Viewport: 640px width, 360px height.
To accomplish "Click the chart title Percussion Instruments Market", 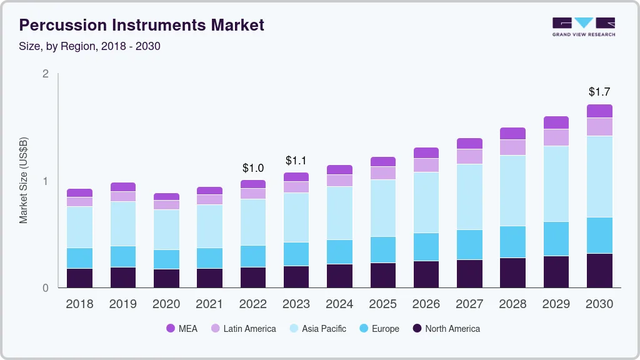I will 142,25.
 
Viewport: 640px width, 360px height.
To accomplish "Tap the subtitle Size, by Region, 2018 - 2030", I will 90,46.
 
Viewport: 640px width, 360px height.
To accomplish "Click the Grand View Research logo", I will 583,26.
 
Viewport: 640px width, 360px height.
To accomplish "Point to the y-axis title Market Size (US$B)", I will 24,181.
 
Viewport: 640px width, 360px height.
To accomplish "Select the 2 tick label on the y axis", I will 45,74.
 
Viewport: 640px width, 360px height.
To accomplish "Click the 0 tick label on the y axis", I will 45,288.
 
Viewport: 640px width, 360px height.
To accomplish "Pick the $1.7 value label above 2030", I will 599,92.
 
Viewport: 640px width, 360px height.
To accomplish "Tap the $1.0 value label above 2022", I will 253,167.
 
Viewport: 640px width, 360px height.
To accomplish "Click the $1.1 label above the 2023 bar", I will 296,160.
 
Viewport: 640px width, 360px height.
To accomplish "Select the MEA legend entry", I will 181,328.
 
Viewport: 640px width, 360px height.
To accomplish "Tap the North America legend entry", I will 446,328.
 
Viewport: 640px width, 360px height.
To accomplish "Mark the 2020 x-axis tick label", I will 166,304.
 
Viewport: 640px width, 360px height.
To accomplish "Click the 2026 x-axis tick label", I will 426,304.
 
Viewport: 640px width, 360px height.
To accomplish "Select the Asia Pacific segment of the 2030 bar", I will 599,176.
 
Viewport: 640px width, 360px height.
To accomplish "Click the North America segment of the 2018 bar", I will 79,278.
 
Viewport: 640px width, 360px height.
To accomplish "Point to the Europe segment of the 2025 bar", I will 382,249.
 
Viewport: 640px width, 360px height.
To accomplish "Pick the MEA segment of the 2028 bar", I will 512,133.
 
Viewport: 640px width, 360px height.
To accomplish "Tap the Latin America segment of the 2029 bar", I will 556,137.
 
